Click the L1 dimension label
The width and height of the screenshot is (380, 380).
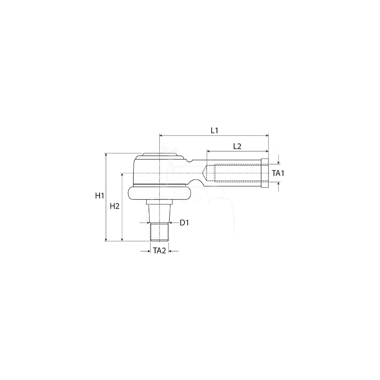[x=214, y=131]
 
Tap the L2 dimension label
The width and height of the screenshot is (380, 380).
[x=237, y=146]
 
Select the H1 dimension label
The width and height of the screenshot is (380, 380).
[x=100, y=195]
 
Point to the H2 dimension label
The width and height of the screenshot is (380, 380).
[x=115, y=206]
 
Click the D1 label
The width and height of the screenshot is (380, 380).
[x=184, y=222]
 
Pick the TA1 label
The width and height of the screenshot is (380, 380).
[x=278, y=173]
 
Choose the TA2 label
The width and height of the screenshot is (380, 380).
[x=160, y=250]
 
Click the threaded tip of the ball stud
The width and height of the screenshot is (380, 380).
[x=159, y=232]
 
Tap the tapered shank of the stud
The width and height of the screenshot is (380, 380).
[x=159, y=214]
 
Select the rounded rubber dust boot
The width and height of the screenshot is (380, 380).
[x=159, y=193]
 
